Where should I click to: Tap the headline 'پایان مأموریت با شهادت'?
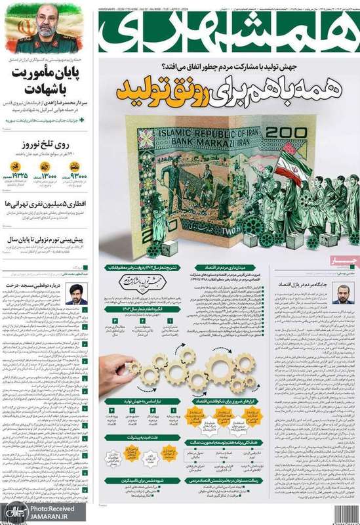click(45, 79)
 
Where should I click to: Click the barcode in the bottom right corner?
click(347, 512)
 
